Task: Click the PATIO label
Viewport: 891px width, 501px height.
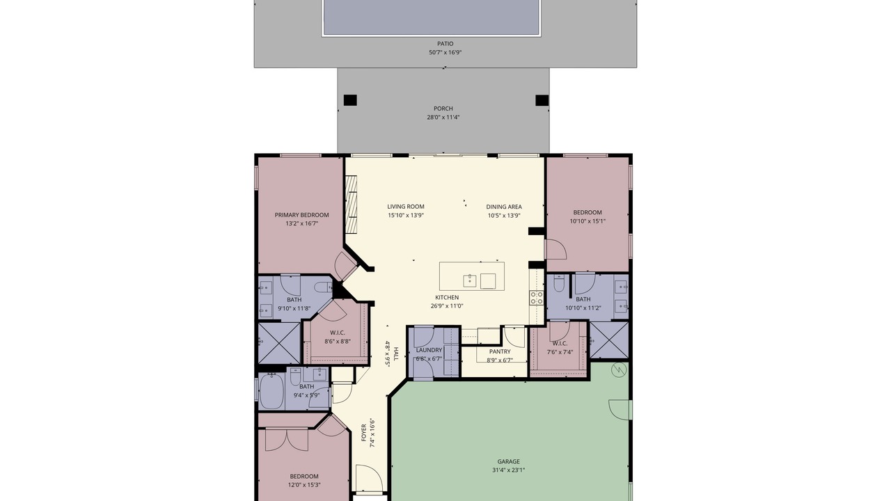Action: point(445,44)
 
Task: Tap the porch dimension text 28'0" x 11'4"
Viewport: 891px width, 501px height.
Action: point(443,118)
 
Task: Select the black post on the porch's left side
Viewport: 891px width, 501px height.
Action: point(350,100)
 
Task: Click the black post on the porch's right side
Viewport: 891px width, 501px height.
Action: point(542,100)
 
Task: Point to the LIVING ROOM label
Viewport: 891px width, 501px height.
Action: point(406,207)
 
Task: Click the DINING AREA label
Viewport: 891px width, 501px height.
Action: point(504,207)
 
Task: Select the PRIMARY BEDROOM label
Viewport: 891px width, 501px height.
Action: point(302,215)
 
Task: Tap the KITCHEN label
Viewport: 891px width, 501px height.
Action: point(447,297)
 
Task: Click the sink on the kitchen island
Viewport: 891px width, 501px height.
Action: point(470,280)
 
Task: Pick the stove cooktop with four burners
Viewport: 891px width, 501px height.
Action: point(536,298)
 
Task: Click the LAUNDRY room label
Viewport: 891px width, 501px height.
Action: point(429,350)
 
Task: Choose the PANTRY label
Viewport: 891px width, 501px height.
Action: point(500,351)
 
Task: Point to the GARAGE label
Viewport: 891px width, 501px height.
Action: point(508,461)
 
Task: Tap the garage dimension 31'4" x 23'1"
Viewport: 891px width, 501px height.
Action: point(508,470)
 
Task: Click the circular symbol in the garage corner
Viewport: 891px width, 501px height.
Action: point(619,370)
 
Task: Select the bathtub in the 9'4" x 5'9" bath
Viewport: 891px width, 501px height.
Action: point(271,391)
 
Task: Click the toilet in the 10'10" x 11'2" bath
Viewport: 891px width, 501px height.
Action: point(559,283)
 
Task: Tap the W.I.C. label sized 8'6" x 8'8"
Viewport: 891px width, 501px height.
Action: point(338,333)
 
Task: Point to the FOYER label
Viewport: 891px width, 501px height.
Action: point(363,433)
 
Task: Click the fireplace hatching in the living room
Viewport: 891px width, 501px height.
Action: point(351,205)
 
